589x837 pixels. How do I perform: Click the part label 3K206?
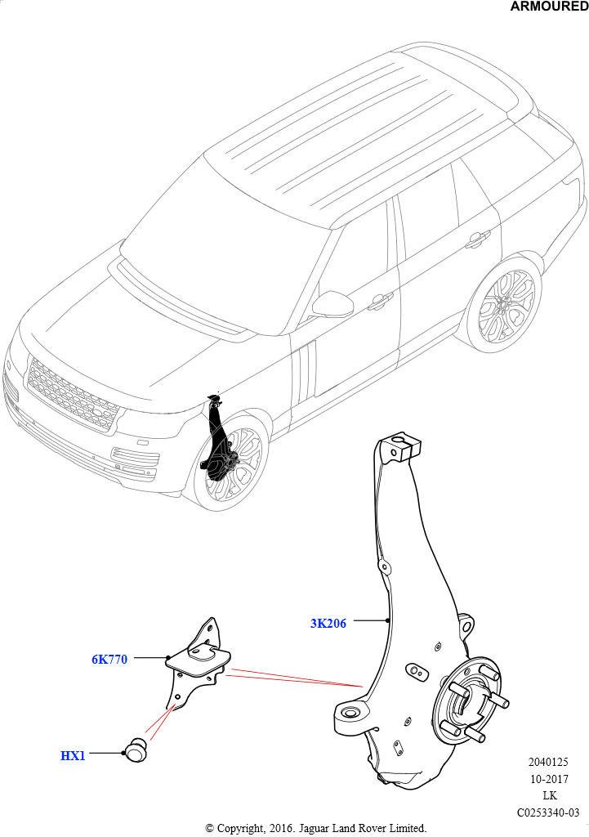click(x=328, y=623)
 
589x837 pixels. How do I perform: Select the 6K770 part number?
click(x=109, y=660)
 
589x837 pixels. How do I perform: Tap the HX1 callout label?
click(x=73, y=756)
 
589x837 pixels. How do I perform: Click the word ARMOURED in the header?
click(x=549, y=7)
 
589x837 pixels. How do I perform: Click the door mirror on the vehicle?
click(x=333, y=304)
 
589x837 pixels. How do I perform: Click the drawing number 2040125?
click(x=548, y=763)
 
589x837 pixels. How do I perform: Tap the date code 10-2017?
click(x=549, y=779)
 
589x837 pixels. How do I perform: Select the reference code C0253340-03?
click(x=548, y=812)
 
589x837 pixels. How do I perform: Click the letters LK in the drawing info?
click(x=550, y=795)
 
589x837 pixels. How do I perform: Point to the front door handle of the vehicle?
click(x=381, y=302)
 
